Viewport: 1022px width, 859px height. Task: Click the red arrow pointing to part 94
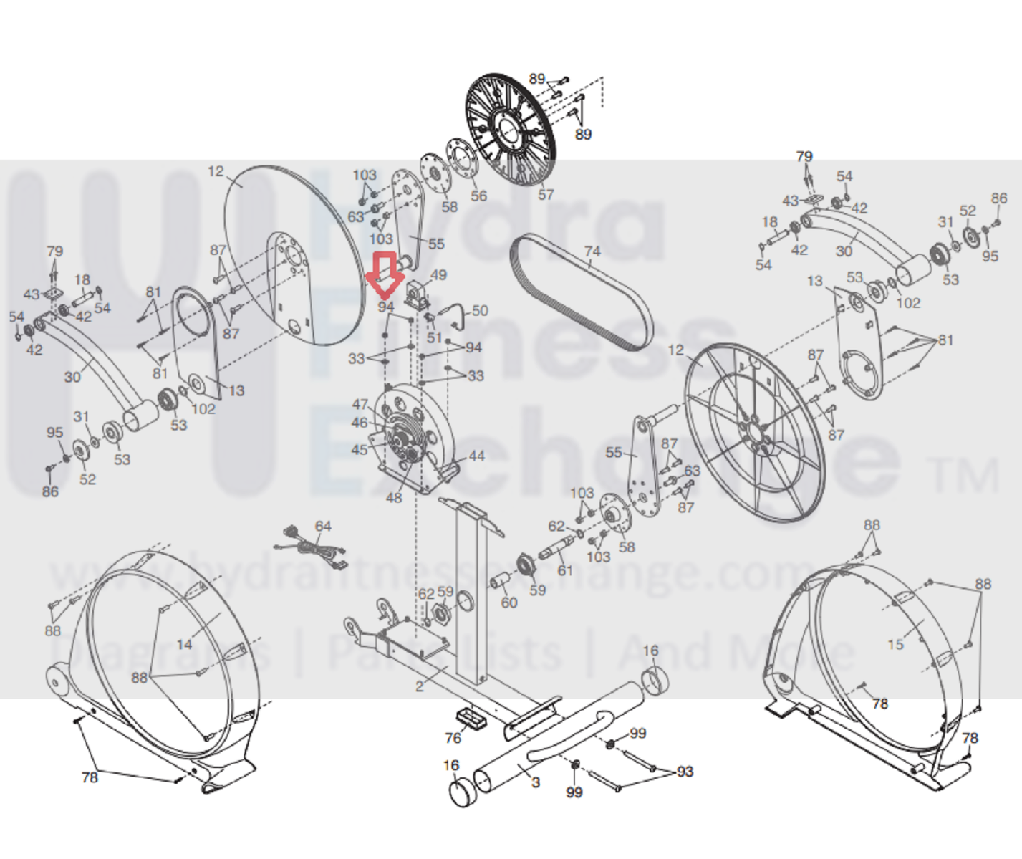[x=386, y=274]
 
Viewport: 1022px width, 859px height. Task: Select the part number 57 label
[x=546, y=194]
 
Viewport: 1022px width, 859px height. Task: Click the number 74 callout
[x=592, y=251]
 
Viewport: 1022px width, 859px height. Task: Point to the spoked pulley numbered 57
[x=511, y=132]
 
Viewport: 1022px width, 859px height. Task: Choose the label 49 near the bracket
[x=438, y=275]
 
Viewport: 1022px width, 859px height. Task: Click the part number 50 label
[x=480, y=310]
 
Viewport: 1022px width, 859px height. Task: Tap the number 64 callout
[x=323, y=526]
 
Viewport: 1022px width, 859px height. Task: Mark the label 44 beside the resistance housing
[x=476, y=456]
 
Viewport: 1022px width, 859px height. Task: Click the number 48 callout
[x=394, y=497]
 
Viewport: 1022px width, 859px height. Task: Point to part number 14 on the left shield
[x=185, y=644]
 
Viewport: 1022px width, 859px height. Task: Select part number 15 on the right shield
[x=895, y=644]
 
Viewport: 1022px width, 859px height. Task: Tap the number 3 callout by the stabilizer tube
[x=536, y=782]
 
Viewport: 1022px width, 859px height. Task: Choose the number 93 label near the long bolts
[x=685, y=771]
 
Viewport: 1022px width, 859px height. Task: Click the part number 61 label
[x=565, y=570]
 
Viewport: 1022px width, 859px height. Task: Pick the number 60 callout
[x=508, y=603]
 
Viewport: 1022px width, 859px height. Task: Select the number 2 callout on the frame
[x=420, y=686]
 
